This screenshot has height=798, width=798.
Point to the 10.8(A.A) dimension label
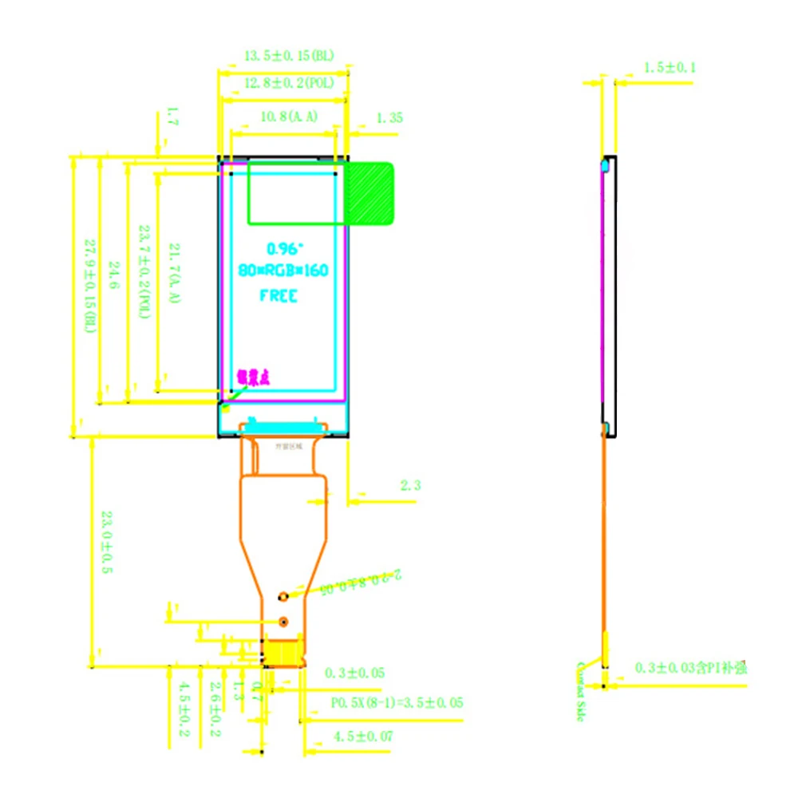click(289, 117)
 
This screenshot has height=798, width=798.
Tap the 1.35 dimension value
click(389, 117)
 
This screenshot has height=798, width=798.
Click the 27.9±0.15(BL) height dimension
click(90, 284)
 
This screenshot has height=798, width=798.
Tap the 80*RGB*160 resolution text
click(283, 271)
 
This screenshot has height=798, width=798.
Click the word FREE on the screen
click(279, 296)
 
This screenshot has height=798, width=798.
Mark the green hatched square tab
click(369, 193)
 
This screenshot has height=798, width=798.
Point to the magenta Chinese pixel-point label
click(254, 377)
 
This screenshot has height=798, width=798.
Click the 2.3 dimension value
click(408, 484)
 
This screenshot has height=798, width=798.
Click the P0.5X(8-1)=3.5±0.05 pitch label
click(397, 703)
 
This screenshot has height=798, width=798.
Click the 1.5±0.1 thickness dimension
click(670, 68)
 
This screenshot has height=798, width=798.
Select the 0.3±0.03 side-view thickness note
click(690, 667)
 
